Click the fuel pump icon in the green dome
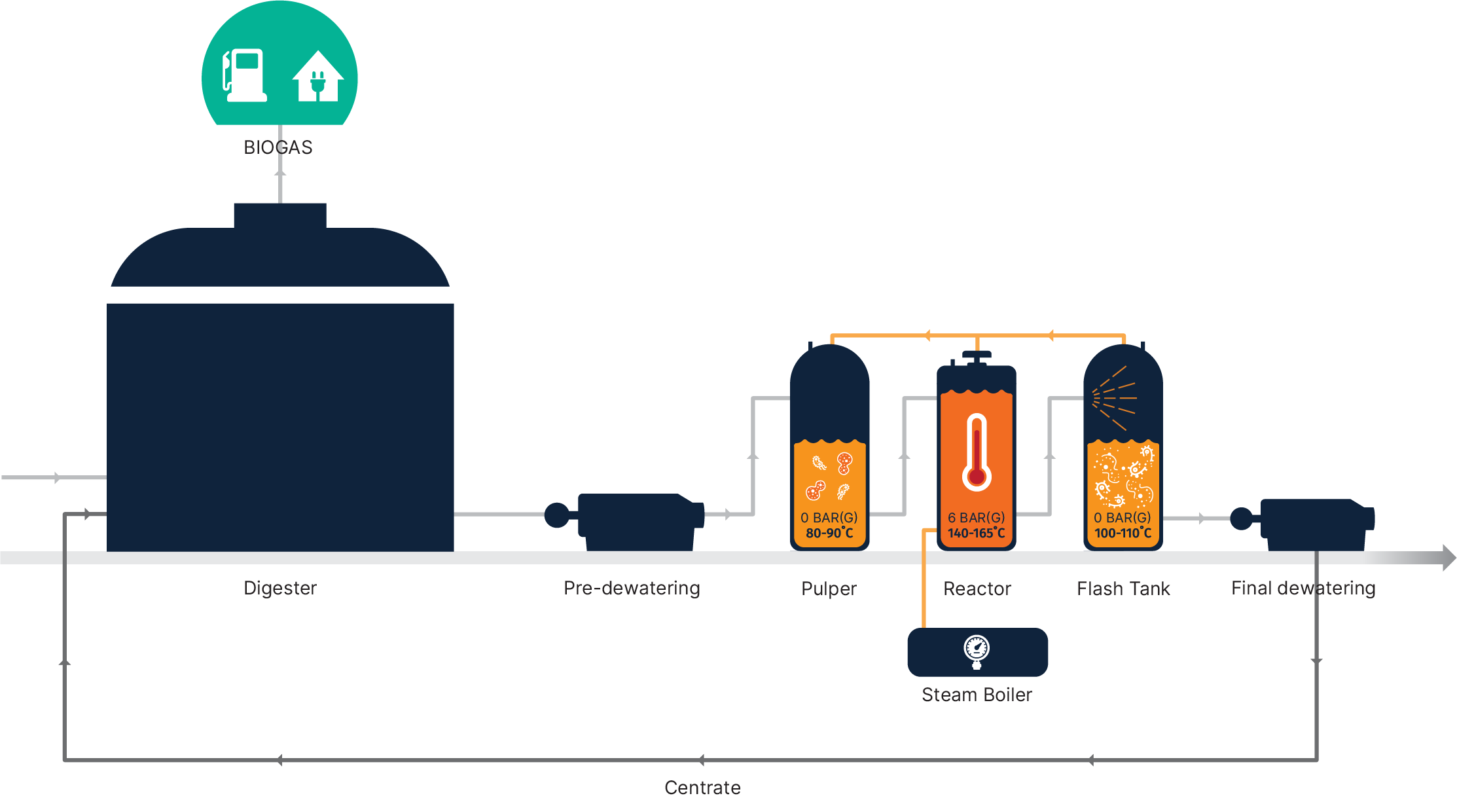(245, 75)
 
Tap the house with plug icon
(317, 77)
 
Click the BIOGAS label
(278, 147)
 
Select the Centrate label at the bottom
(702, 788)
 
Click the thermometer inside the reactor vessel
(977, 452)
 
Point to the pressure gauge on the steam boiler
(977, 650)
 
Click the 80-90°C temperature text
(829, 534)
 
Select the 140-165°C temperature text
(976, 534)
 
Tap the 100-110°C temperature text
(1123, 534)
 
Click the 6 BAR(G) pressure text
(976, 518)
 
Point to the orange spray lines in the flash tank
(1115, 397)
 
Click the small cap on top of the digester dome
(280, 215)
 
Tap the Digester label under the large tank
(280, 589)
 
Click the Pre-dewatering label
(632, 589)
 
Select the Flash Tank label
(1123, 589)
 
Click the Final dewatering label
(1303, 589)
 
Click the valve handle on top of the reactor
(977, 355)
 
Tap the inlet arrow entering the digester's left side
(56, 479)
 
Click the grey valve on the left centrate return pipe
(65, 675)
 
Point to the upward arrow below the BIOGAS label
(280, 173)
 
